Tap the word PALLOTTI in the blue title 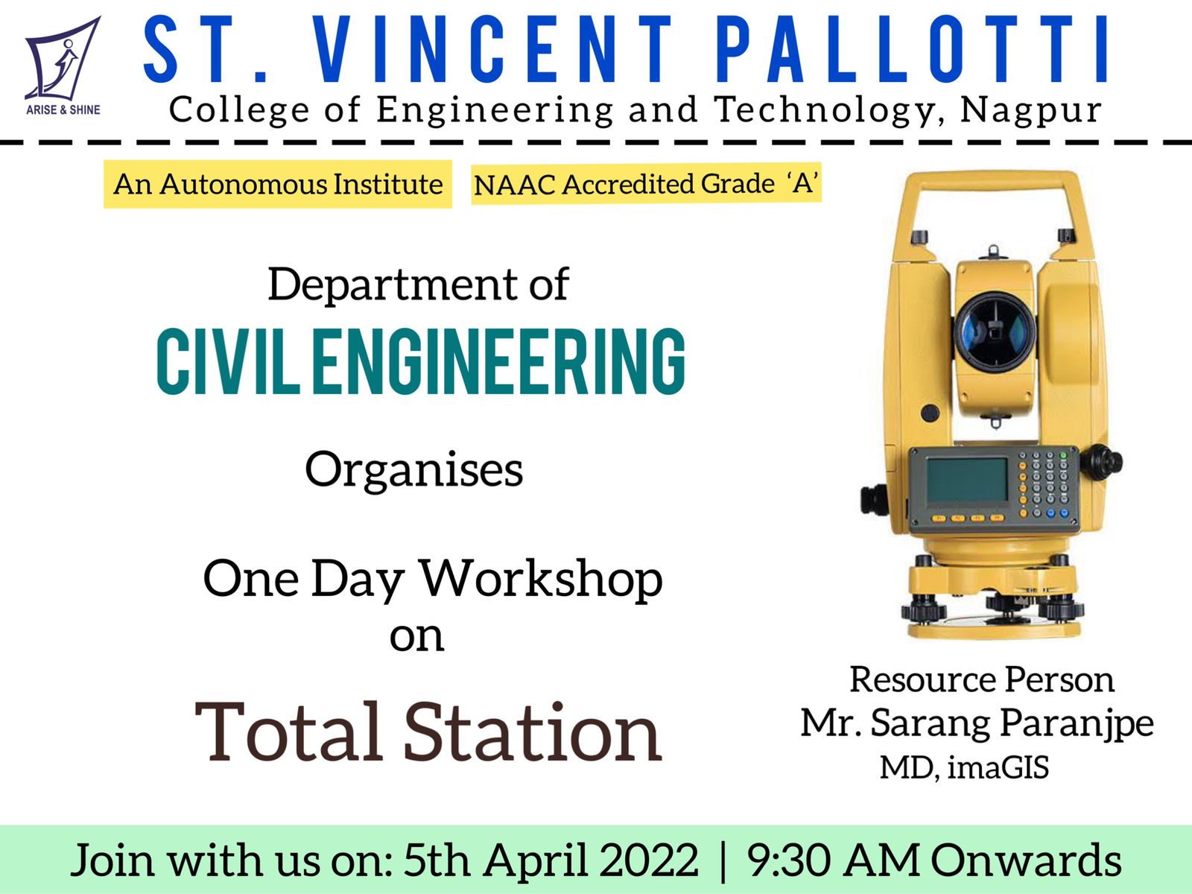pyautogui.click(x=913, y=49)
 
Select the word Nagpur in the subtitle pyautogui.click(x=1031, y=110)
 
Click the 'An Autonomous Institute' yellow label pyautogui.click(x=277, y=184)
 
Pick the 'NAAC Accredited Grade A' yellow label pyautogui.click(x=646, y=183)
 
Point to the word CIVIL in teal pyautogui.click(x=228, y=361)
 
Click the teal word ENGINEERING pyautogui.click(x=498, y=361)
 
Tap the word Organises pyautogui.click(x=413, y=470)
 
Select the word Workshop pyautogui.click(x=542, y=579)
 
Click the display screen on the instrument pyautogui.click(x=967, y=479)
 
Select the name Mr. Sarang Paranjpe pyautogui.click(x=977, y=723)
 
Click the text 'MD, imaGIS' pyautogui.click(x=965, y=767)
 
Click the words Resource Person pyautogui.click(x=982, y=679)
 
